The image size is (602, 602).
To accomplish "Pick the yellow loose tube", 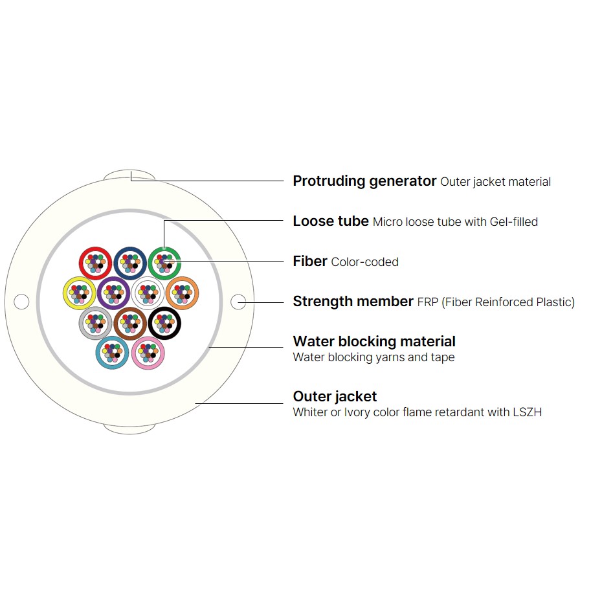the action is [x=65, y=293].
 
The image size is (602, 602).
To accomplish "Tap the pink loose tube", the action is [x=133, y=353].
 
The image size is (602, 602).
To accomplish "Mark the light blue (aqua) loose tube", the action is [x=98, y=353].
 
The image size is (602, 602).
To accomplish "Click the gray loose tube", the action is [x=81, y=323].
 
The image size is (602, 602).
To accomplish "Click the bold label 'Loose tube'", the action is [x=331, y=221].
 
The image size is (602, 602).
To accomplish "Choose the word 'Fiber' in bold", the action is [x=310, y=261].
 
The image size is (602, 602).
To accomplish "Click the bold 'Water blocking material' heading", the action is [x=374, y=341].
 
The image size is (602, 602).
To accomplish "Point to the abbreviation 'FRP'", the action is [x=427, y=302].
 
